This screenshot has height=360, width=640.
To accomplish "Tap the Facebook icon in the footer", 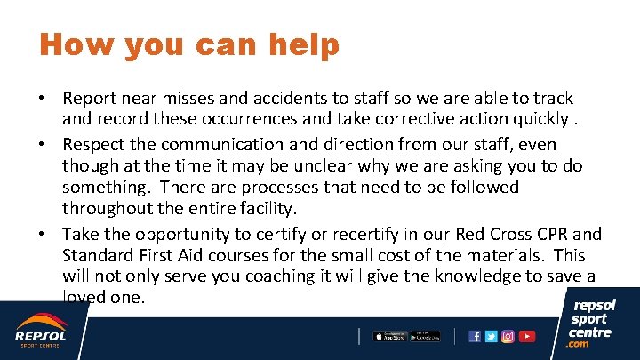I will pos(475,336).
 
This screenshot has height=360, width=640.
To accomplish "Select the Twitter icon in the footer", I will pos(492,336).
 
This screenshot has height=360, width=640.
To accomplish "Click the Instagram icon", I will pos(508,336).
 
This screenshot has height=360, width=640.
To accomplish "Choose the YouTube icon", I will pos(527,336).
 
